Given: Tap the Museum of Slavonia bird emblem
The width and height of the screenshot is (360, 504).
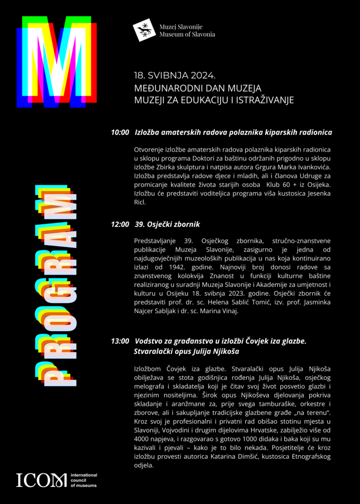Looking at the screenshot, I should click(x=144, y=30).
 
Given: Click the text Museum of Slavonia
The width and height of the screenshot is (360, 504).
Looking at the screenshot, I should click(x=187, y=34).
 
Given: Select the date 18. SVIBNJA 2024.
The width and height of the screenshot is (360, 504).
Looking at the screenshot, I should click(x=175, y=76).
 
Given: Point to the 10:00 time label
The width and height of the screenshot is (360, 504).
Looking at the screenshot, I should click(x=120, y=132).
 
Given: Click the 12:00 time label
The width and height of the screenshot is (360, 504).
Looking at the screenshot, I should click(x=120, y=224).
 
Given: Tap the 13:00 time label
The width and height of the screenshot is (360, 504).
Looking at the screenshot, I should click(x=120, y=341).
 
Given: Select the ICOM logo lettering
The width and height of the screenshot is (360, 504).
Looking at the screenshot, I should click(x=41, y=480).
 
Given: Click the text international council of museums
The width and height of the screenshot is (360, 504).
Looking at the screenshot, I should click(x=84, y=480).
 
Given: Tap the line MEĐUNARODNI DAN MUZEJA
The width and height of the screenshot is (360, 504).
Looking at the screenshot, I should click(x=197, y=89).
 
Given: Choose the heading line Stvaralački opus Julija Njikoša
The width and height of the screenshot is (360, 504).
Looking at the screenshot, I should click(x=186, y=352).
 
